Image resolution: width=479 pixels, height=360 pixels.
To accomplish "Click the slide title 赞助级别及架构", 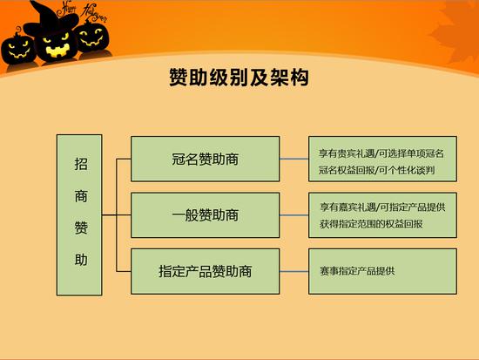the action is [239, 78].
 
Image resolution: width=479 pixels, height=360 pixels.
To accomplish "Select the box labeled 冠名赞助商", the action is [205, 159].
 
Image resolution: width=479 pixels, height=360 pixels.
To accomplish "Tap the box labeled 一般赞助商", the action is [205, 215].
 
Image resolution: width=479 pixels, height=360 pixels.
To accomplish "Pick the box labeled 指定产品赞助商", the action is [205, 271].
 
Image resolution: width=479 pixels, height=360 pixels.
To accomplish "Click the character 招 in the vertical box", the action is [81, 164].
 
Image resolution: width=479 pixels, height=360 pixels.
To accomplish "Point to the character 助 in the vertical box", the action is [81, 260].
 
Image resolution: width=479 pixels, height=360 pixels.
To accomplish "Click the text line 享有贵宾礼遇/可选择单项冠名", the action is [381, 153].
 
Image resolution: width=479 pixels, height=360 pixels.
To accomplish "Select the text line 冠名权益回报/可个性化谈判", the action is [376, 170].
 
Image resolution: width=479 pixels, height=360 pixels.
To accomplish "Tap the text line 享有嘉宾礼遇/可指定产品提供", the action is [382, 207].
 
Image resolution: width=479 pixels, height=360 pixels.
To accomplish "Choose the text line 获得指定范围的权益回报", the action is [371, 224].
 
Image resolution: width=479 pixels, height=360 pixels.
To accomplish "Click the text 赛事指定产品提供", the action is [357, 271].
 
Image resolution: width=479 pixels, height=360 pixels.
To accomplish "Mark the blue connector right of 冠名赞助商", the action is [293, 159].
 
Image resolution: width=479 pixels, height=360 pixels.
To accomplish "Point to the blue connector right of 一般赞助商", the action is [293, 215].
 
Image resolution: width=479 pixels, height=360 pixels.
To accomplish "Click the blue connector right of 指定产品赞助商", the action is [293, 271].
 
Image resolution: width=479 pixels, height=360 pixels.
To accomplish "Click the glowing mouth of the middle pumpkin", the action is [58, 51].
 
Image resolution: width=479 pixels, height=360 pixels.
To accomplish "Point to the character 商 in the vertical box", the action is [81, 196].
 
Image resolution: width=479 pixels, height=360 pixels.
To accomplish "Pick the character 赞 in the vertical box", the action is [81, 228].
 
